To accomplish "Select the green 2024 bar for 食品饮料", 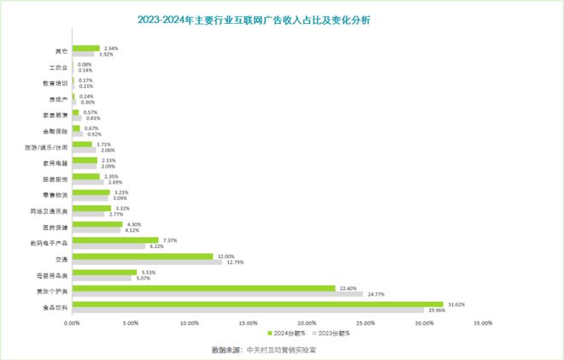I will [x=257, y=304].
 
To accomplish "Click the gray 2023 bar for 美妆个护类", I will [x=217, y=294].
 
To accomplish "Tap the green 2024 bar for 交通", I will [x=143, y=256].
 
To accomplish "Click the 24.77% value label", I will [x=377, y=294].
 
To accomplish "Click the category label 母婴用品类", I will [x=53, y=274].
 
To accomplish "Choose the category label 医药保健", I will [x=56, y=227].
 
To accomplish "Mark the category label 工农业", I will [x=58, y=66].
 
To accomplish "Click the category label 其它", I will [x=61, y=50].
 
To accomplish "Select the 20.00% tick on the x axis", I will [x=307, y=323].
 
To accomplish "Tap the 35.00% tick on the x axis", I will [x=483, y=323].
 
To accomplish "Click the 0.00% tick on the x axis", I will [x=73, y=323].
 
